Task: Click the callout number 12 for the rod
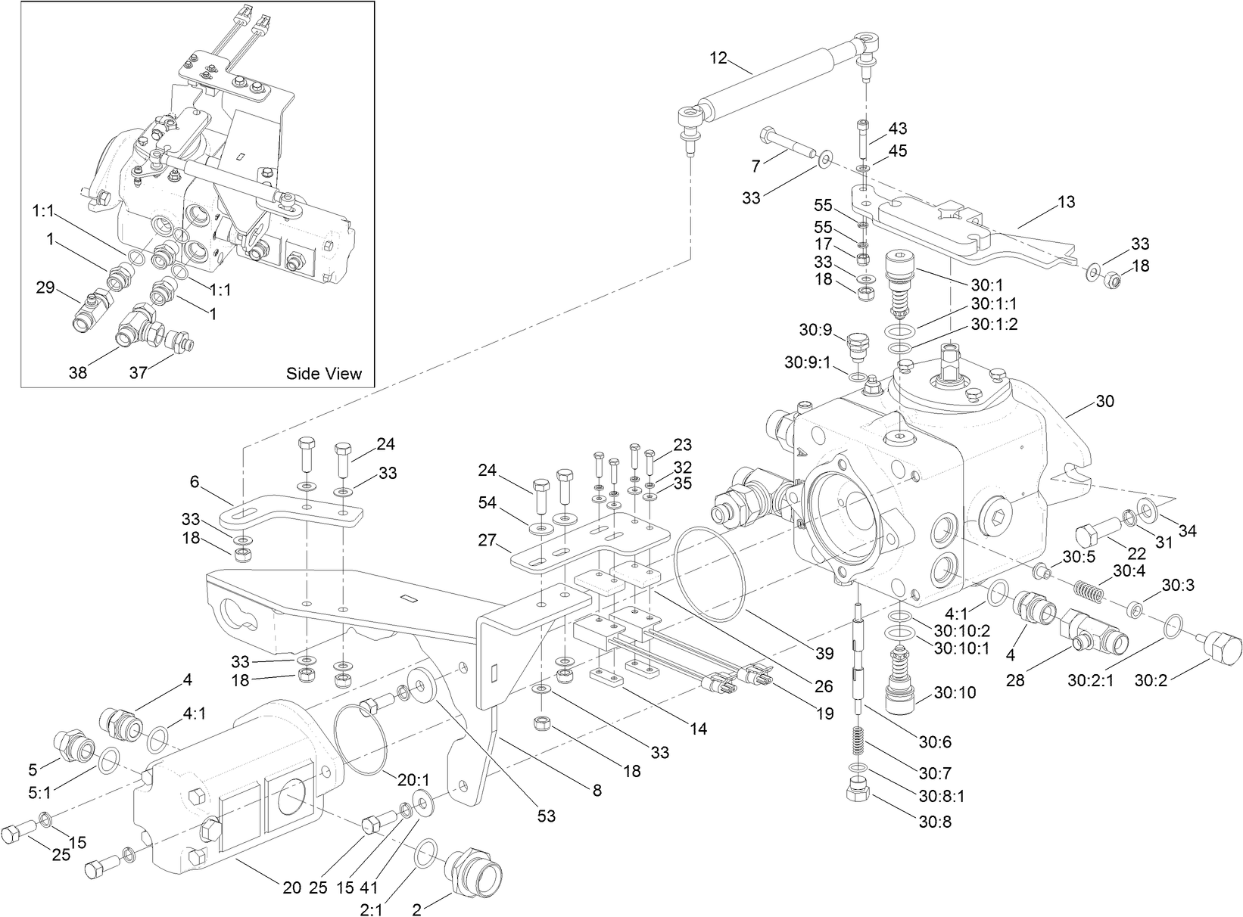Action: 718,58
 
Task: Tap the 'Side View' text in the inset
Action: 324,373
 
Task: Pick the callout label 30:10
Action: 955,693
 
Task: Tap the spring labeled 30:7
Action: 856,744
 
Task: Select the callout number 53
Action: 546,816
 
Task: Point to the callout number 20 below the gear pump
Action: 292,888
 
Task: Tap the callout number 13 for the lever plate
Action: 1066,203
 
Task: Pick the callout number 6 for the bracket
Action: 195,481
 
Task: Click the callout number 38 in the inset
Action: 79,372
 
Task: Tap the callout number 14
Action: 698,729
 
